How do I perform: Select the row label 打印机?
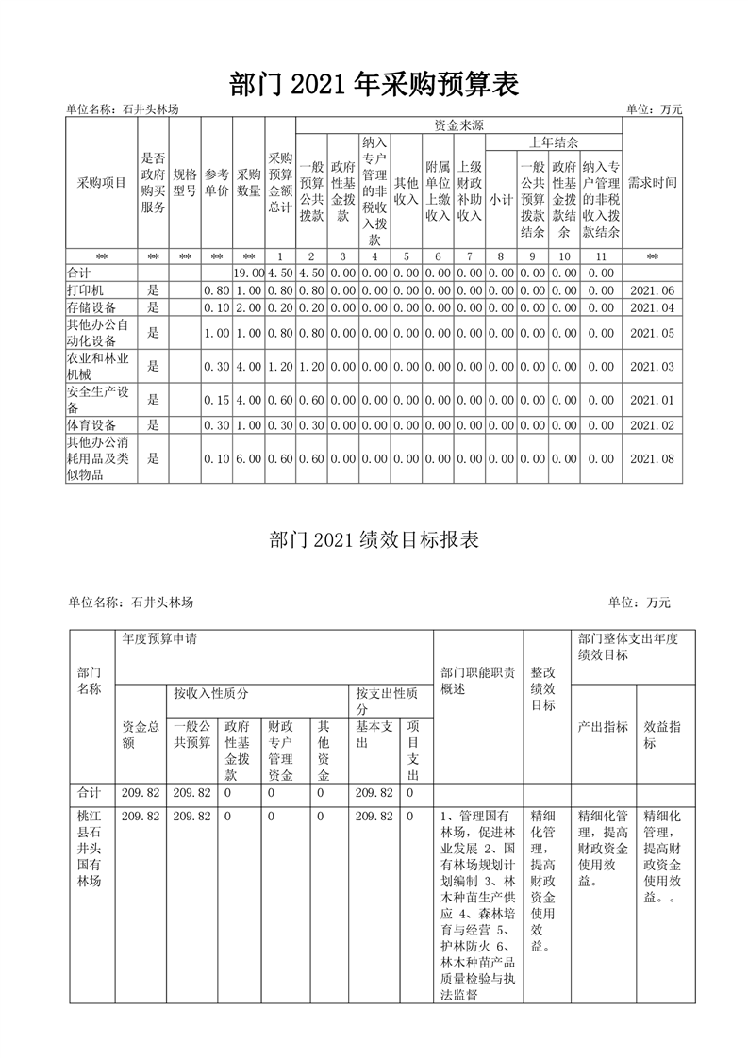tap(86, 290)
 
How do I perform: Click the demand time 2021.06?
tap(653, 290)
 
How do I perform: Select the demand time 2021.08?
tap(653, 458)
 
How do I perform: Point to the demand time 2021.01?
tap(653, 400)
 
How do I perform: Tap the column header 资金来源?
tap(459, 124)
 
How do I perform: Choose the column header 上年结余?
tap(554, 142)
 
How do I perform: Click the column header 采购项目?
tap(101, 183)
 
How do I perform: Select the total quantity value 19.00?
tap(249, 273)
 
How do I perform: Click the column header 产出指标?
tap(603, 727)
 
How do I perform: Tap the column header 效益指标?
tap(663, 735)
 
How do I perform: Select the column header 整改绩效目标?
tap(543, 688)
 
